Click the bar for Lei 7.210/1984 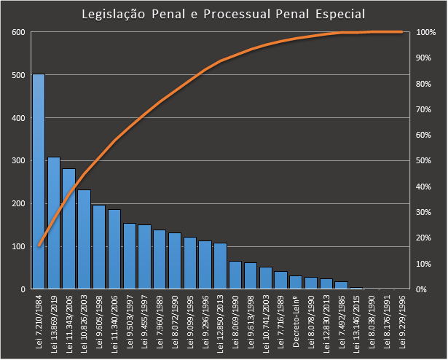(x=39, y=181)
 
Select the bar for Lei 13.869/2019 (x=54, y=223)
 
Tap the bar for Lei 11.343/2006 (x=69, y=229)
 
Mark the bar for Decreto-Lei (x=296, y=282)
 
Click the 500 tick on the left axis (x=17, y=75)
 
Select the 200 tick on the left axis (x=17, y=203)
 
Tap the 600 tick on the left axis (x=17, y=32)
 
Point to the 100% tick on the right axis (x=425, y=32)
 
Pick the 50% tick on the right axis (x=425, y=160)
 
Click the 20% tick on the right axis (x=425, y=238)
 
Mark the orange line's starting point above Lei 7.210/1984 (x=39, y=246)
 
